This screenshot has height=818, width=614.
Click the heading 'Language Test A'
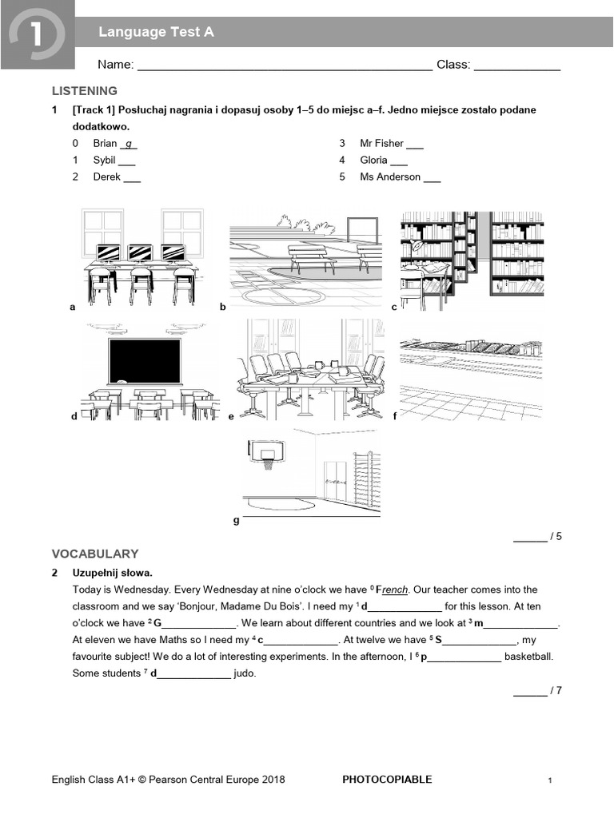[x=156, y=33]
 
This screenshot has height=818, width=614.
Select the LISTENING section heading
[x=85, y=91]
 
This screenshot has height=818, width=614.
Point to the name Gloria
[x=373, y=160]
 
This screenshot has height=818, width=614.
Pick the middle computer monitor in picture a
[x=140, y=252]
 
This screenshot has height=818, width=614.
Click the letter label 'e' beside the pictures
[x=231, y=416]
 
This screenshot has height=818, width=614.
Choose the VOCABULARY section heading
[x=95, y=554]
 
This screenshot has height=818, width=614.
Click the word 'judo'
[x=245, y=673]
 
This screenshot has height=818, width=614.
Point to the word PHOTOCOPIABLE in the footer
[x=387, y=780]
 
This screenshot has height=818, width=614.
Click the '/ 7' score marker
[x=554, y=690]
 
